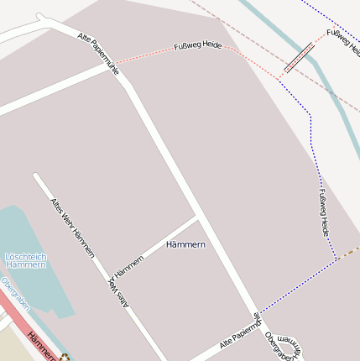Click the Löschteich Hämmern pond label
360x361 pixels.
click(25, 260)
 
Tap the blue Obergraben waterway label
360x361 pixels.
click(14, 295)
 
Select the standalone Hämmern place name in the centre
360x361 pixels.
click(185, 244)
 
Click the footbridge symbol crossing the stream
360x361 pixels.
click(299, 58)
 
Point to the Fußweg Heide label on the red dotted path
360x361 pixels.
click(197, 45)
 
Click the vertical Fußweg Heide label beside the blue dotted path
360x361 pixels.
click(327, 213)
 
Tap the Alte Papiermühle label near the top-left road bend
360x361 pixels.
click(98, 54)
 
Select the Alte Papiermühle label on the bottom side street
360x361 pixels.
click(240, 333)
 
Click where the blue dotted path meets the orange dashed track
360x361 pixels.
click(337, 259)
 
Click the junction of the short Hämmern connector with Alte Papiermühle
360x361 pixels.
click(198, 217)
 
